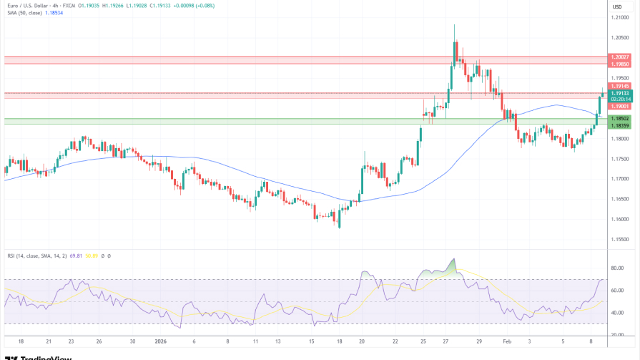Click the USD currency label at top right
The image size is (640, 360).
coord(616,6)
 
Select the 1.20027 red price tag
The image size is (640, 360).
coord(620,57)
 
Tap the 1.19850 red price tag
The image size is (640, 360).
coord(620,64)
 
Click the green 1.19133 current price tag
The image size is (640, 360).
coord(620,93)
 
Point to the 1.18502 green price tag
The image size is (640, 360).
coord(620,119)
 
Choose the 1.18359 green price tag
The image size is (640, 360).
coord(620,126)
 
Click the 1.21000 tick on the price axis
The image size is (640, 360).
coord(619,17)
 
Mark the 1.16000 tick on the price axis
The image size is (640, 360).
coord(619,219)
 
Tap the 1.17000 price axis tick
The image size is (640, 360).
coord(619,179)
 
